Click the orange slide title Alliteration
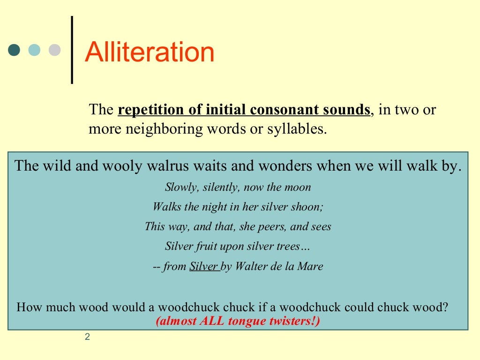pyautogui.click(x=150, y=52)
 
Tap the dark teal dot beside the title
pyautogui.click(x=15, y=50)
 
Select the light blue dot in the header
pyautogui.click(x=35, y=50)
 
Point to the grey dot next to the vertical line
pyautogui.click(x=55, y=50)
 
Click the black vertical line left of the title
pyautogui.click(x=72, y=50)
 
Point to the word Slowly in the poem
pyautogui.click(x=176, y=187)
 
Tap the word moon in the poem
pyautogui.click(x=298, y=187)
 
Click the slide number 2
pyautogui.click(x=88, y=337)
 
